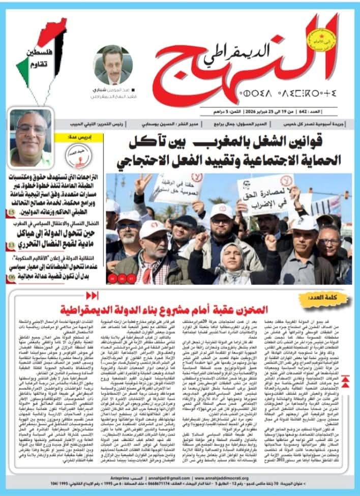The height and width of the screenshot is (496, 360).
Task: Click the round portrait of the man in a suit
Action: click(113, 65)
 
